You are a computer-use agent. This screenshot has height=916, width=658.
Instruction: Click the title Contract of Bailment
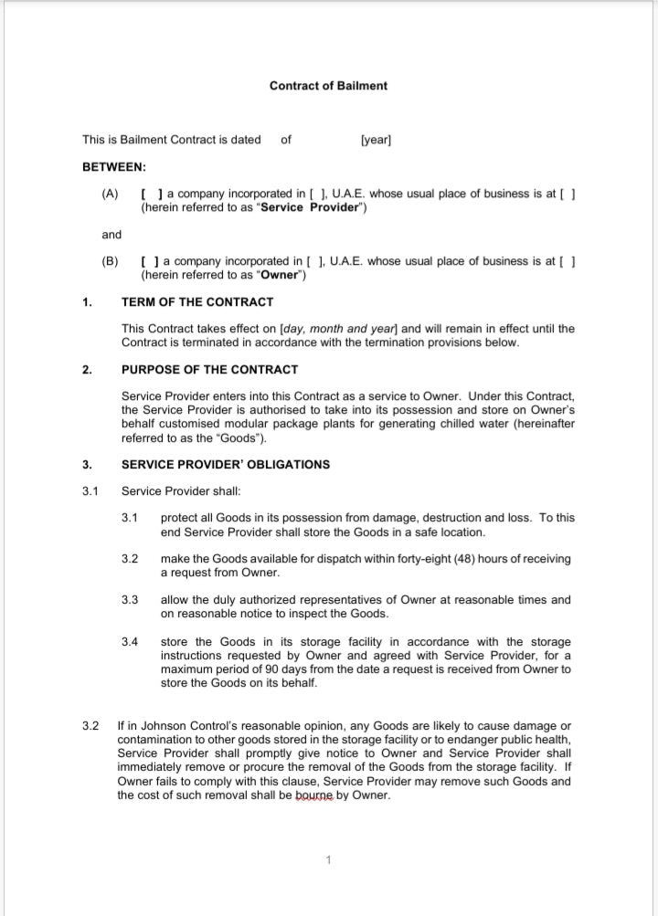tap(328, 86)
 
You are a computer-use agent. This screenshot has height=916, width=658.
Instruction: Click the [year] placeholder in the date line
tap(377, 140)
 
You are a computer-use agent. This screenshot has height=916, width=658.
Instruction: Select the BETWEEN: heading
tap(114, 167)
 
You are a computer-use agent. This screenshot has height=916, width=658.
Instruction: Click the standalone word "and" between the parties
tap(111, 235)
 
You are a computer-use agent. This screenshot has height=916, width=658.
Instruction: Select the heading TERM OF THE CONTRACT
tap(196, 302)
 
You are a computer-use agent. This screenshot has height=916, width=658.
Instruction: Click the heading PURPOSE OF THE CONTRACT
tap(209, 370)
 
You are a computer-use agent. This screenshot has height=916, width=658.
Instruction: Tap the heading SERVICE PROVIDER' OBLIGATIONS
tap(226, 464)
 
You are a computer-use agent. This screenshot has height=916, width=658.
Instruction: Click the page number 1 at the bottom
tap(328, 859)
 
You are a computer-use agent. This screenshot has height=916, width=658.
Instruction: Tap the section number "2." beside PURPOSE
tap(87, 370)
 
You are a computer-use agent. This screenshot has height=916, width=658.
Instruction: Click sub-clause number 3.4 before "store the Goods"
tap(130, 641)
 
